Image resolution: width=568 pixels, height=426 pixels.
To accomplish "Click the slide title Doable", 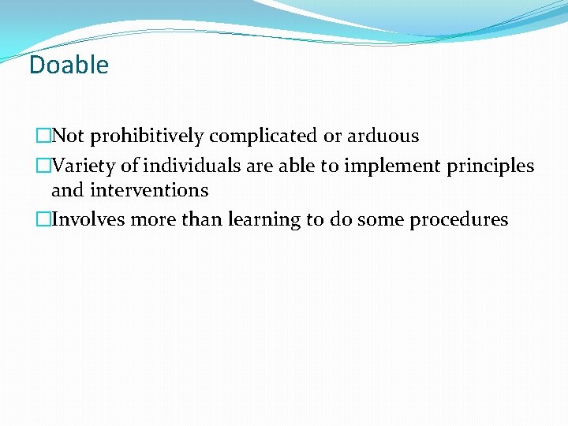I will click(69, 65).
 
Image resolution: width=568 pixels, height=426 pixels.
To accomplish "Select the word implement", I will click(379, 167).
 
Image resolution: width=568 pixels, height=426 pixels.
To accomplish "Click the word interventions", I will click(149, 190).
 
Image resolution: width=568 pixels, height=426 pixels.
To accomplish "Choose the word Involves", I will click(88, 220).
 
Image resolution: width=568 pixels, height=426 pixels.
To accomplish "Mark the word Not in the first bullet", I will click(69, 136).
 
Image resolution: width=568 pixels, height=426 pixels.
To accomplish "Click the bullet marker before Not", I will click(43, 136).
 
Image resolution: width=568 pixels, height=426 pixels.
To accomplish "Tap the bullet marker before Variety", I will click(43, 166).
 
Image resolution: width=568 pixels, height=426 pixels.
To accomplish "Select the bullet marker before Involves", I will click(43, 220).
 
